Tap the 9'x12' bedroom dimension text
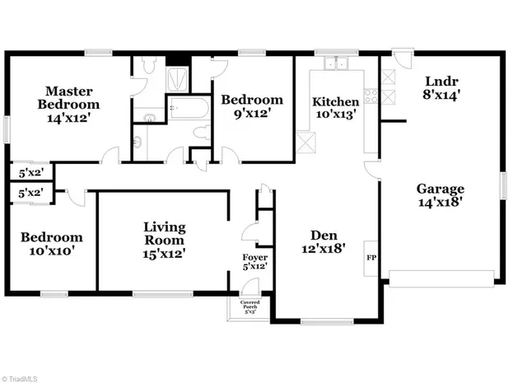[252, 114]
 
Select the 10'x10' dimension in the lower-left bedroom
[51, 250]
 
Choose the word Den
[321, 232]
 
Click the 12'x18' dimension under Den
[321, 246]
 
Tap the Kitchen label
[335, 102]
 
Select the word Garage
[440, 189]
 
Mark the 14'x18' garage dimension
[440, 202]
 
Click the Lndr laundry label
[441, 82]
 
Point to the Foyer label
[254, 257]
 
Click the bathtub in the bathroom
[190, 108]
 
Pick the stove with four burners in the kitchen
[371, 96]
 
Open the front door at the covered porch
[250, 287]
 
